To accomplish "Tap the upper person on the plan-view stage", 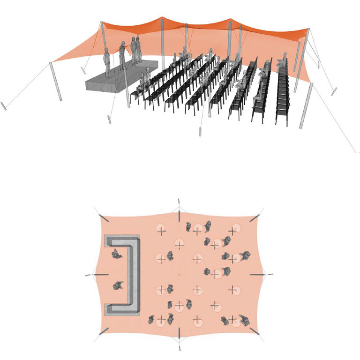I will pos(116,255).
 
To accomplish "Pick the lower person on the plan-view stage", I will pos(117,285).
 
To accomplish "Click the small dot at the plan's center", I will pos(179,274).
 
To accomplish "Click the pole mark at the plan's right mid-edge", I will pos(261,274).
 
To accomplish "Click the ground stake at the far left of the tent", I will pos(4,106).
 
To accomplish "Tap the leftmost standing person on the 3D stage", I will pos(108,63).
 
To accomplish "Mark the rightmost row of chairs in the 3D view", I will pos(282,94).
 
